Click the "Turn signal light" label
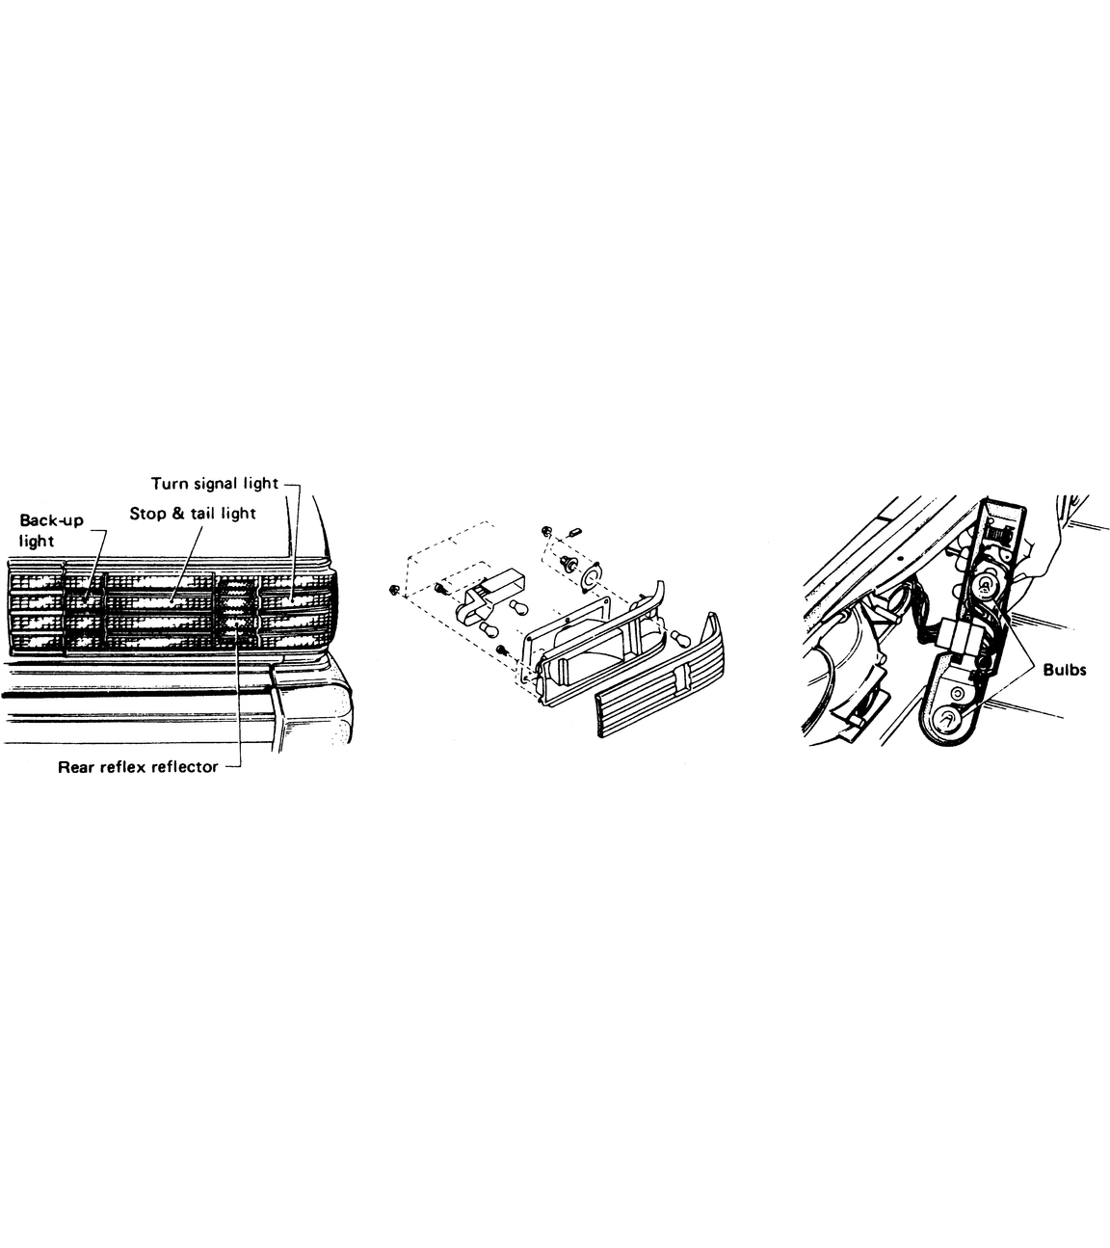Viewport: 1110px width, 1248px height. (x=215, y=484)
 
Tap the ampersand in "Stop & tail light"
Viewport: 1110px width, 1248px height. (x=178, y=513)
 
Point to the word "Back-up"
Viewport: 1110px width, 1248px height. (x=52, y=520)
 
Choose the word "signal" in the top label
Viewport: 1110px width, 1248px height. (x=216, y=484)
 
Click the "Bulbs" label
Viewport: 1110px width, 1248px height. (x=1065, y=670)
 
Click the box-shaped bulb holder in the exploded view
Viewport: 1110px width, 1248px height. (x=489, y=594)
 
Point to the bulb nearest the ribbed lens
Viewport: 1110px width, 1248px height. (x=678, y=636)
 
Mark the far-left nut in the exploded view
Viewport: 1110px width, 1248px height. (x=394, y=591)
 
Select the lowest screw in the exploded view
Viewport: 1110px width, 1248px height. (x=502, y=649)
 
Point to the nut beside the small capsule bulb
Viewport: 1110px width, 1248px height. (x=545, y=530)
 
